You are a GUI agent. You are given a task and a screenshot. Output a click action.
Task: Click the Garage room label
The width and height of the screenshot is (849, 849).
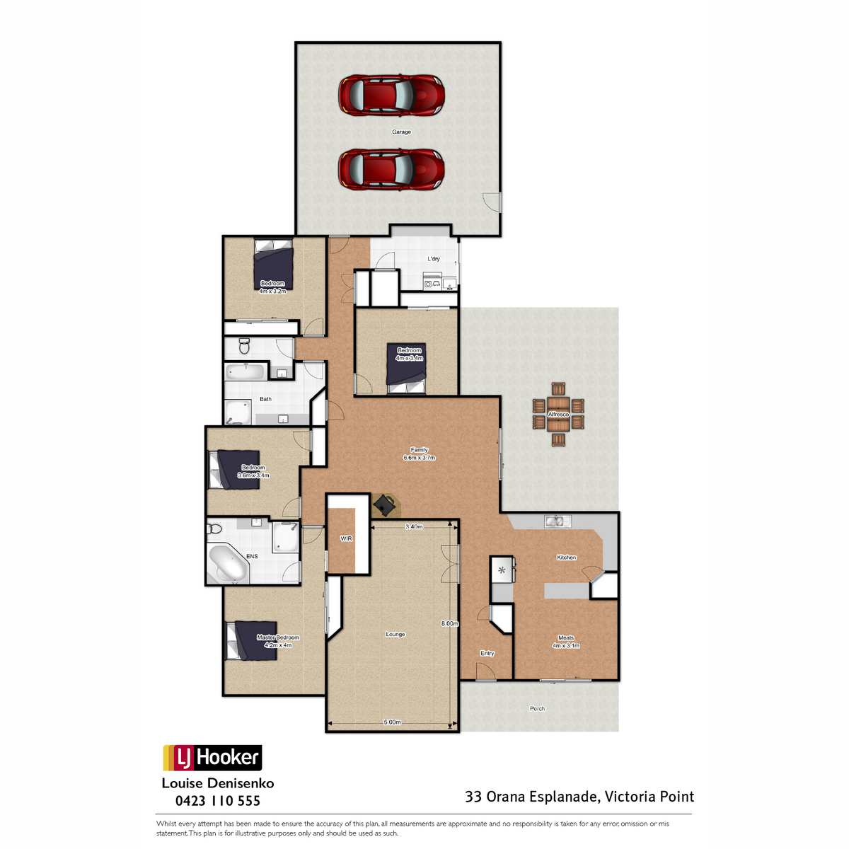coord(401,132)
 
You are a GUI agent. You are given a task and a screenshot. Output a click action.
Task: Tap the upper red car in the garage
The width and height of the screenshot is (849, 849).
coord(391,96)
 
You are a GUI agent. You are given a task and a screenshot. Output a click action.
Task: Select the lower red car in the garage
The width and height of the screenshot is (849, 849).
coord(391,170)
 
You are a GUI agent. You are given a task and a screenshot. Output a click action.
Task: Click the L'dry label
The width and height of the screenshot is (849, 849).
coord(434,259)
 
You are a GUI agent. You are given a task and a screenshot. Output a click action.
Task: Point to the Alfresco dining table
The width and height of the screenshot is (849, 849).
coord(558,414)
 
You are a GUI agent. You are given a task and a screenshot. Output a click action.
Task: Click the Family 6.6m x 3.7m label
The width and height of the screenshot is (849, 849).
coord(419,454)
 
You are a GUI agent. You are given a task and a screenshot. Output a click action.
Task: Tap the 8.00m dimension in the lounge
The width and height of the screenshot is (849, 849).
coord(449,623)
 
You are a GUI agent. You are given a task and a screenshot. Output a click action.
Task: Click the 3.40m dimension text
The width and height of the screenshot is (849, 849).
coord(414,526)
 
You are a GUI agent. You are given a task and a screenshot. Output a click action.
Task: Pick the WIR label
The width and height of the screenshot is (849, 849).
coord(346,538)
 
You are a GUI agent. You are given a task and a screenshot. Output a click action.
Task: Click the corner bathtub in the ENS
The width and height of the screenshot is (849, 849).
coord(226,564)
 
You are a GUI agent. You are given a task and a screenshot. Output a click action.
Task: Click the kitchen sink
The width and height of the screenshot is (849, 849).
coord(558,521)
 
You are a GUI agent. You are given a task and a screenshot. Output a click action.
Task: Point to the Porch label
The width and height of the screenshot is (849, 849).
coord(537,708)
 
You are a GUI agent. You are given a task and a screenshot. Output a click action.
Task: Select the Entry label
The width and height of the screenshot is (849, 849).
coord(487,654)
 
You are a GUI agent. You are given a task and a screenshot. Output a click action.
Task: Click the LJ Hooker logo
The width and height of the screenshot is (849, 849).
coord(212,757)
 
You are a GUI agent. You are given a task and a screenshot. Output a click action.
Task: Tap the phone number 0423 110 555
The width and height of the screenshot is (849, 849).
coord(218,800)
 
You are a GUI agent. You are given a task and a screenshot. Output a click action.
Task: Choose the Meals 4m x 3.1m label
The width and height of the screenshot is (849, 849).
coord(566,642)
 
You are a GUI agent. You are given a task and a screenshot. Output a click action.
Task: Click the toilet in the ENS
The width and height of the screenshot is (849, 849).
coord(214,528)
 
